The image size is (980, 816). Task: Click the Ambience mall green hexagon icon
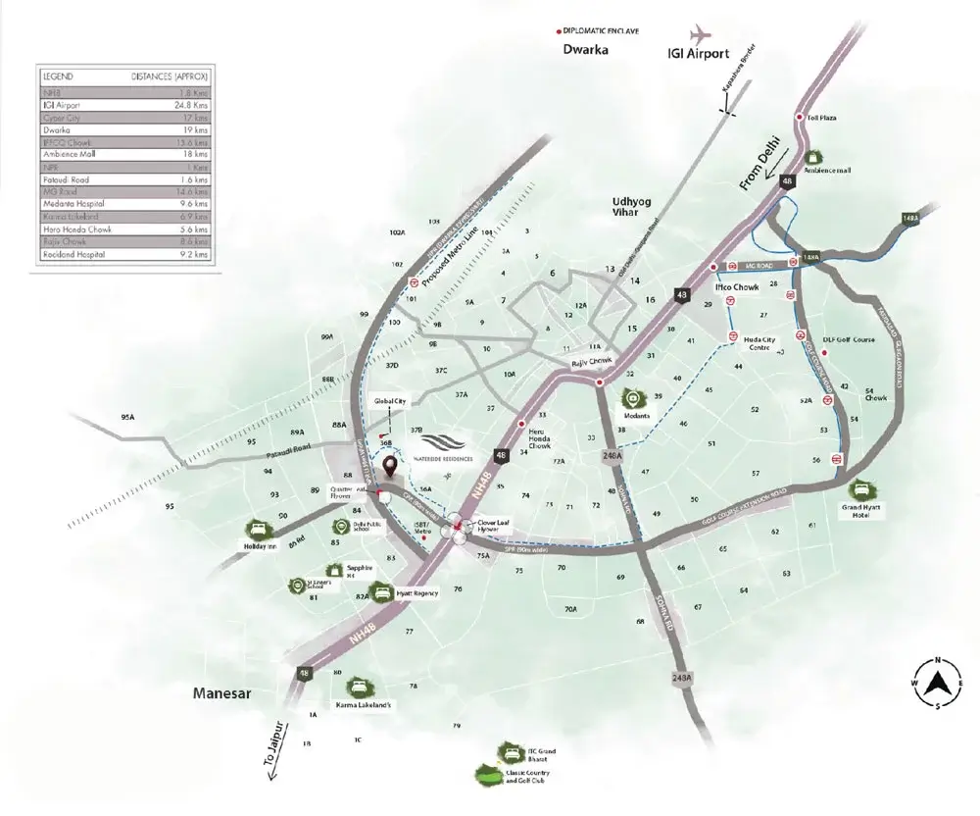(x=812, y=155)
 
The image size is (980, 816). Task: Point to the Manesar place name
(x=221, y=693)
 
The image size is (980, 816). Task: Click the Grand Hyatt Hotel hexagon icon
(x=863, y=489)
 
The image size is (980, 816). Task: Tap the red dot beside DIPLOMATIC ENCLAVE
(x=559, y=30)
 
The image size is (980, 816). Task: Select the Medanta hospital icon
(x=633, y=398)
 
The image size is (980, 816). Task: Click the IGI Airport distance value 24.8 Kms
(x=191, y=104)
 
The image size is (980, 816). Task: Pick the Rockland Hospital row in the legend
(x=124, y=254)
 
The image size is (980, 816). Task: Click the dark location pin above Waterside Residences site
(x=390, y=467)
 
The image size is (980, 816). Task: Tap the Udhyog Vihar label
(x=625, y=205)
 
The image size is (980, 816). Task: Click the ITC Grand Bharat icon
(x=508, y=751)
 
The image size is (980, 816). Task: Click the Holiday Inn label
(x=257, y=546)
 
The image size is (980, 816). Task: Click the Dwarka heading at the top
(x=586, y=48)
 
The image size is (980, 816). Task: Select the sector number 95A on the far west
(x=127, y=418)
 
